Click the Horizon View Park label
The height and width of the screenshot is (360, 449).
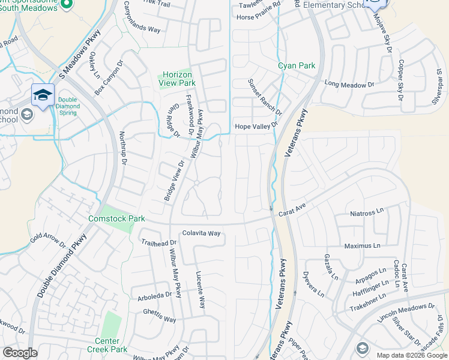pyautogui.click(x=178, y=79)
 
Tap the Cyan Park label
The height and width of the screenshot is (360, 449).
pyautogui.click(x=288, y=65)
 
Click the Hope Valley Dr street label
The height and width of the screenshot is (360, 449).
pyautogui.click(x=257, y=126)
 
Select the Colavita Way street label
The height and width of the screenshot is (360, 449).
pyautogui.click(x=202, y=233)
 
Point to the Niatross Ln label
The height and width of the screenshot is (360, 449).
pyautogui.click(x=367, y=213)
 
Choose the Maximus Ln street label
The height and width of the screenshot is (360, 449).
pyautogui.click(x=362, y=246)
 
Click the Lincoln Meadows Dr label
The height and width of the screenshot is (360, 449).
pyautogui.click(x=406, y=314)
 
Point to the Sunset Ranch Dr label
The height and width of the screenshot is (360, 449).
pyautogui.click(x=265, y=97)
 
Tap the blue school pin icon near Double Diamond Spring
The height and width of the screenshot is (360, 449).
pyautogui.click(x=43, y=95)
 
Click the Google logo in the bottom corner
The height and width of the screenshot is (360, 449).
pyautogui.click(x=20, y=353)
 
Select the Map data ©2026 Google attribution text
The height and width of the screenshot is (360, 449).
pyautogui.click(x=411, y=355)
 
